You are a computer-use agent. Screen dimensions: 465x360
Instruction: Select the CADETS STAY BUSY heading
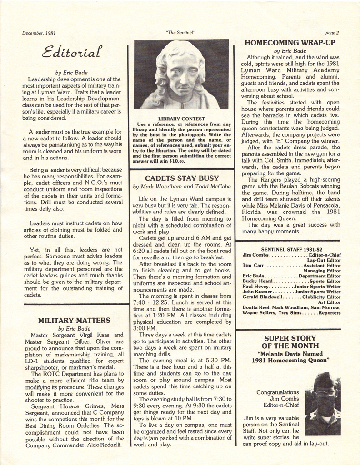(x=182, y=178)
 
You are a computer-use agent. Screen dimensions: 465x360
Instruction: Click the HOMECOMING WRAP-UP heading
(x=290, y=43)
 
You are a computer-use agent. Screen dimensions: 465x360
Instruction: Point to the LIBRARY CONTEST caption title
(x=181, y=119)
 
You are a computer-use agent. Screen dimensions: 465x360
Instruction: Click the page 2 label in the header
(x=332, y=33)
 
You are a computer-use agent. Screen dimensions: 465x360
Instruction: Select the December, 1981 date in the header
(x=39, y=33)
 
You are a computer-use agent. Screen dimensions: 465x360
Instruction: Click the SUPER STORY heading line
(x=290, y=338)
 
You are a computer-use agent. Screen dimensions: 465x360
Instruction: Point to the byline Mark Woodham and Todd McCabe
(x=182, y=186)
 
